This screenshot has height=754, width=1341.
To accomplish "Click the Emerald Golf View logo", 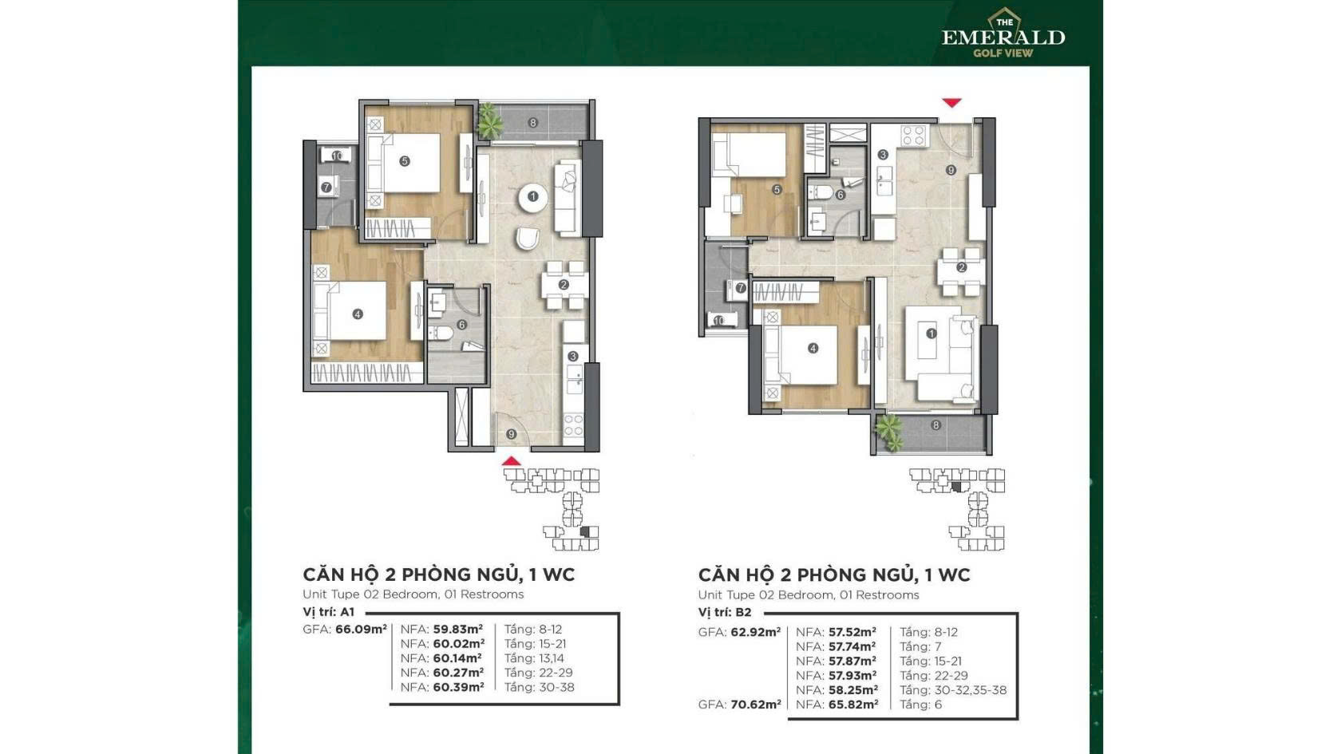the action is click(1003, 34).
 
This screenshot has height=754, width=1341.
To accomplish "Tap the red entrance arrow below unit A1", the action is click(511, 461).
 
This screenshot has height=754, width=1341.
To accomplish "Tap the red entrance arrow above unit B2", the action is click(951, 103).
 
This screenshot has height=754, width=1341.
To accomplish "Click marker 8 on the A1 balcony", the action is click(533, 123).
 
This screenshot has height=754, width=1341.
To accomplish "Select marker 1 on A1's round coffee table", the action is click(533, 195).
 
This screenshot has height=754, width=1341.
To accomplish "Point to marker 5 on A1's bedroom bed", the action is click(405, 161).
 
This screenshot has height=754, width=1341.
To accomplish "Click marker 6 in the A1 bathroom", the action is click(461, 324).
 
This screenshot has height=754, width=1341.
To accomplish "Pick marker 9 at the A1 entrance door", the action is click(511, 434).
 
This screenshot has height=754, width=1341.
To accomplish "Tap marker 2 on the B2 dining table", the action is click(961, 267).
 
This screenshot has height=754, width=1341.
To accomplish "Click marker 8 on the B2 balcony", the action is click(936, 425).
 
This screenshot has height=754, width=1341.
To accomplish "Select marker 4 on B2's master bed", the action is click(813, 348).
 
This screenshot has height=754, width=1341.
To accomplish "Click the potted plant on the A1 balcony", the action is click(489, 121).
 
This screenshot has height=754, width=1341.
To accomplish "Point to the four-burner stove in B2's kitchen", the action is click(913, 136).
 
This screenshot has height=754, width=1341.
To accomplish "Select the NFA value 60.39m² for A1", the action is click(458, 687).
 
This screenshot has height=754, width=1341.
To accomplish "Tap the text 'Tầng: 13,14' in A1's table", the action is click(533, 658).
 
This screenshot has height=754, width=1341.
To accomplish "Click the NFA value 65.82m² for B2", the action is click(853, 705).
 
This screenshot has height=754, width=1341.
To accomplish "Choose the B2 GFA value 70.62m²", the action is click(755, 705).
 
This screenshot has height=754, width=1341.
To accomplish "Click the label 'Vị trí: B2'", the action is click(725, 612).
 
